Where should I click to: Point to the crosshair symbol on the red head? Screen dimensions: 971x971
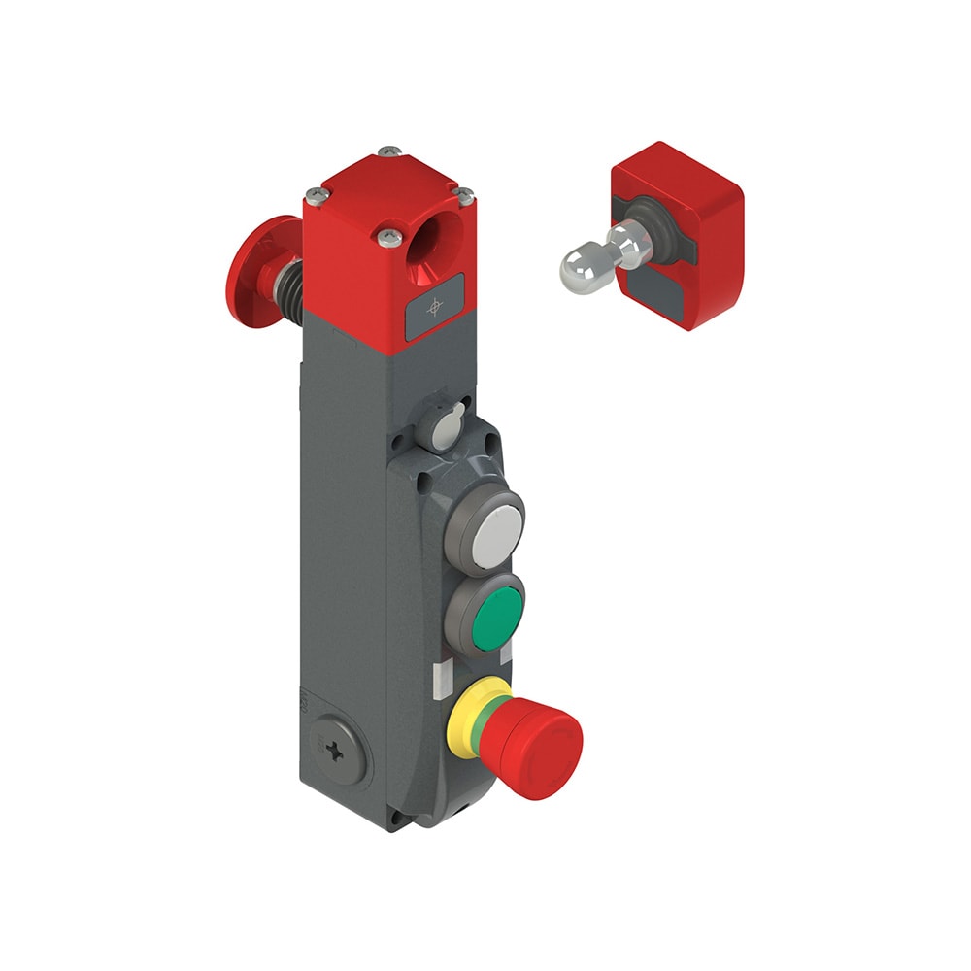click(434, 307)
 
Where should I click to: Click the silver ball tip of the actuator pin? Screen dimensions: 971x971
click(581, 263)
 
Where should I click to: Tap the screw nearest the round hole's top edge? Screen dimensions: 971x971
click(464, 196)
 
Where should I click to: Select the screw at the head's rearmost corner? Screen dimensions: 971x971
click(390, 151)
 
